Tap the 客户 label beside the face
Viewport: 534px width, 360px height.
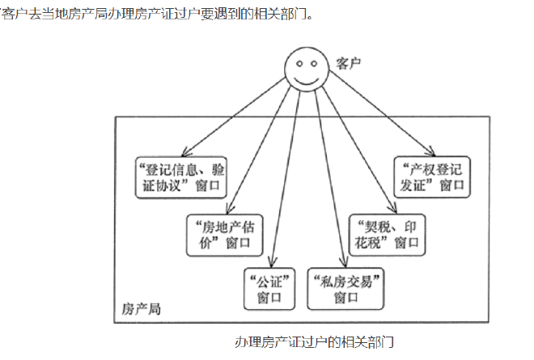(348, 63)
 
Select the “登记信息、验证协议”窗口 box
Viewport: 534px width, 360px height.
(180, 176)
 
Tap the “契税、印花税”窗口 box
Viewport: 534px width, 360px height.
(387, 232)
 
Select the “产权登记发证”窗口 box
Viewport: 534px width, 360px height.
(432, 176)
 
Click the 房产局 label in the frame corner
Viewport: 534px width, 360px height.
(142, 309)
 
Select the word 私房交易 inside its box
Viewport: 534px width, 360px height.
(345, 282)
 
